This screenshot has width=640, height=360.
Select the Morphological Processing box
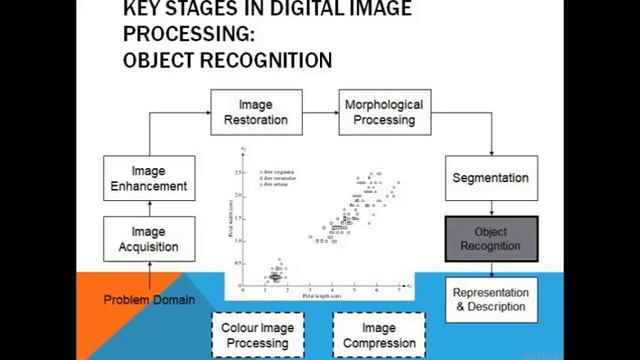tap(383, 112)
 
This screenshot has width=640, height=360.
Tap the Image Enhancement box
tap(149, 178)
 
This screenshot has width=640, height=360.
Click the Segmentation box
tap(490, 178)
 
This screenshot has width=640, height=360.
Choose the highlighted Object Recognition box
tap(490, 239)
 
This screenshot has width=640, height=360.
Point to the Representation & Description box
tap(490, 300)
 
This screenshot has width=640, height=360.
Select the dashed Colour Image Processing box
tap(257, 334)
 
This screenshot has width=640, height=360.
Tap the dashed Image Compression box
tap(378, 334)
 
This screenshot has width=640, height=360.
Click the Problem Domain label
tap(149, 299)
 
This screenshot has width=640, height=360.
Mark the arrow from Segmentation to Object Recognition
tap(490, 208)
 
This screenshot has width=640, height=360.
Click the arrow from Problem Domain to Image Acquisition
tap(149, 274)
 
